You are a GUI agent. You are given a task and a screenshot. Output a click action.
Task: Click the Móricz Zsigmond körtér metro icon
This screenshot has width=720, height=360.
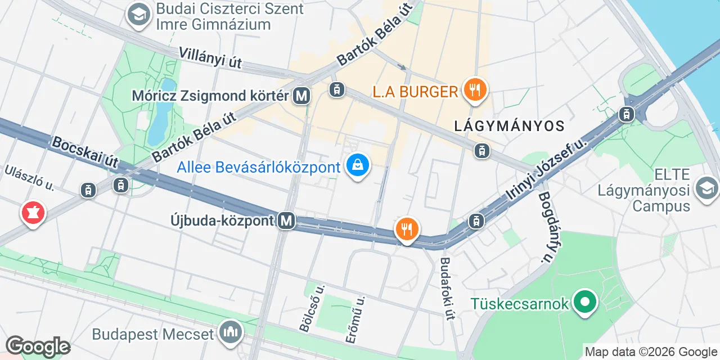[302, 96]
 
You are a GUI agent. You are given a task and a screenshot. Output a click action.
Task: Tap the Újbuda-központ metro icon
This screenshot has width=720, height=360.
[287, 221]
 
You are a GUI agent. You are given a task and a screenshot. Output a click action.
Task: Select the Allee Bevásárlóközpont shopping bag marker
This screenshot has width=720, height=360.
[358, 165]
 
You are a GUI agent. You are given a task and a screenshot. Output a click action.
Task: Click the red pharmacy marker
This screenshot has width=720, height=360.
[33, 213]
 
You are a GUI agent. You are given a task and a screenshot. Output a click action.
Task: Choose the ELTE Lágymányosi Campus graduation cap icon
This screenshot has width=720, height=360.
[706, 188]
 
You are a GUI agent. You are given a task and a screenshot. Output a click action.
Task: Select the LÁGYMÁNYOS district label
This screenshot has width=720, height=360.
[509, 125]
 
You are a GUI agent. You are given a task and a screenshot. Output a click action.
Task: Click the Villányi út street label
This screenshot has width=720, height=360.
[210, 58]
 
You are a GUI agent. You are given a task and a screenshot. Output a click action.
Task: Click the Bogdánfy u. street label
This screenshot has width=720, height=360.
[545, 228]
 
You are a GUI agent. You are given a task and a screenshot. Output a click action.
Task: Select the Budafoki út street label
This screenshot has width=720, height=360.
[447, 288]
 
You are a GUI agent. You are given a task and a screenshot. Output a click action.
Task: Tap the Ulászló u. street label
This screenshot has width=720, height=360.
[29, 178]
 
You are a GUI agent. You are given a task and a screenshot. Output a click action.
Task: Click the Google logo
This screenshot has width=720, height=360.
[38, 346]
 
